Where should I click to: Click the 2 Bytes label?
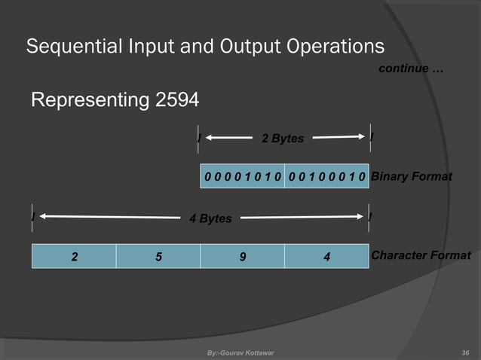point(282,139)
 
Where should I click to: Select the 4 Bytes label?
point(210,219)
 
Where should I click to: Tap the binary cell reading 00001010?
point(242,176)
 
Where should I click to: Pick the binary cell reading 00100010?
point(326,176)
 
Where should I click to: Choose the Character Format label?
point(421,256)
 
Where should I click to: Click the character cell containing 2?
point(74,256)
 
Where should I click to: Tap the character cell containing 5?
point(158,256)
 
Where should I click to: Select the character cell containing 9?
point(242,256)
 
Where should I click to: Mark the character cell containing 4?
point(326,256)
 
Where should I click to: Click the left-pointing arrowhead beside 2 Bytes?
point(210,138)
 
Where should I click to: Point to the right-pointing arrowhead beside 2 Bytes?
point(360,137)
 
